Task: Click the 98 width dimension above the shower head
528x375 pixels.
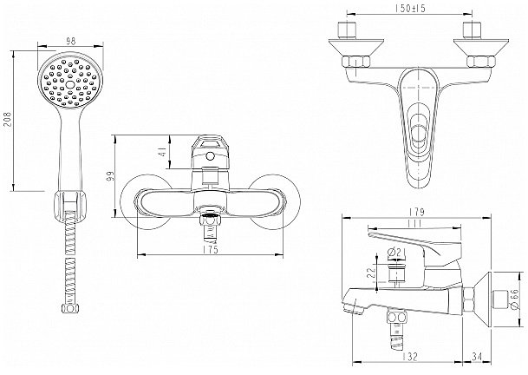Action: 70,42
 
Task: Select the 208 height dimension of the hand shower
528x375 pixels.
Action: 8,120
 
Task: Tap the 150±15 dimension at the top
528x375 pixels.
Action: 410,8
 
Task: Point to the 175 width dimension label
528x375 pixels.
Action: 212,249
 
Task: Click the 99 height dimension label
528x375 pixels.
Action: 110,176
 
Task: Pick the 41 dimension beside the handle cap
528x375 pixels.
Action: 164,151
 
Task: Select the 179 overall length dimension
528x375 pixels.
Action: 417,213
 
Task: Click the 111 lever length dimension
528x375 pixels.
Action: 414,223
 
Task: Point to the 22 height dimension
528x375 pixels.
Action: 371,273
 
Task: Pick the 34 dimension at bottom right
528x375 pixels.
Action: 477,356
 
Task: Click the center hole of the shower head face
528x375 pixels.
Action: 70,84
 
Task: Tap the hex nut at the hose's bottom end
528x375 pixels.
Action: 70,308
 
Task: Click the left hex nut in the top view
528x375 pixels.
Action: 356,62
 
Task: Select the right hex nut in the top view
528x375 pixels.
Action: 481,62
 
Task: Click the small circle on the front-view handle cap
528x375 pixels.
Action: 210,156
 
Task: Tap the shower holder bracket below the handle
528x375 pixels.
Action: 70,207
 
